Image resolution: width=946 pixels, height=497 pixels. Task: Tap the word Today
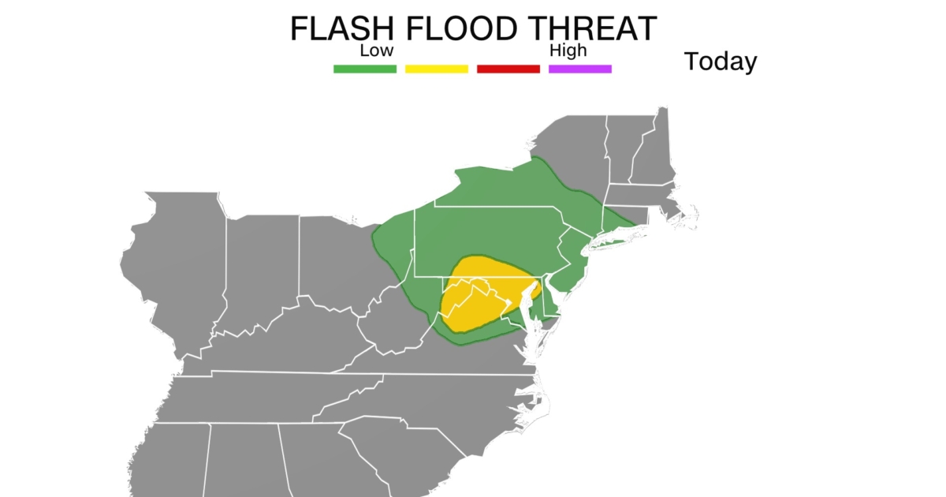[x=720, y=61]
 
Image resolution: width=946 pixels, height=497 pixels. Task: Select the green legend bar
[x=364, y=69]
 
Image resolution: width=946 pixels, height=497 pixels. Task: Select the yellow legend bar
[x=436, y=69]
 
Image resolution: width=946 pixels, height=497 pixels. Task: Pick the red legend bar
[x=508, y=69]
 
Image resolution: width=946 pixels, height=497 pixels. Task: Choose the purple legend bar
[x=579, y=69]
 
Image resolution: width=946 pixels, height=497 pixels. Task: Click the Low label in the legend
[x=376, y=51]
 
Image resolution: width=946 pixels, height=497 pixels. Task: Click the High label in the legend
[x=568, y=51]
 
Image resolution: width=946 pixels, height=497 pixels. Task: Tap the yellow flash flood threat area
[x=481, y=296]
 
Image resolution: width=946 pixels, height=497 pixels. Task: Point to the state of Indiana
[x=260, y=268]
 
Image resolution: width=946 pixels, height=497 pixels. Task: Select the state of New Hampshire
[x=646, y=154]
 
